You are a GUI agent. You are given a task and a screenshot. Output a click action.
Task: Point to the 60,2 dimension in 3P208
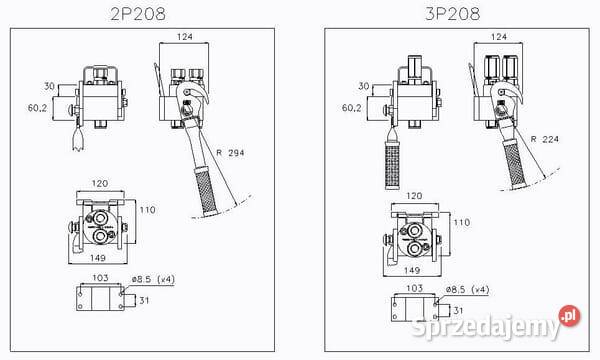pyautogui.click(x=352, y=106)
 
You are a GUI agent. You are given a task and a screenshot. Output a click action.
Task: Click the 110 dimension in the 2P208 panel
pyautogui.click(x=149, y=211)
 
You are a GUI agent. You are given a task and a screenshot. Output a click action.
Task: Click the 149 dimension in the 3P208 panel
pyautogui.click(x=411, y=269)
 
